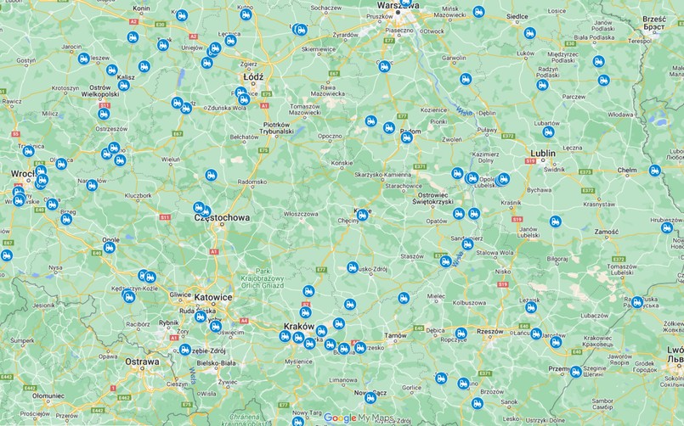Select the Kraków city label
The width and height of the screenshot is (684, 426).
[x=297, y=327]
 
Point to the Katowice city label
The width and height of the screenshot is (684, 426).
[x=213, y=297]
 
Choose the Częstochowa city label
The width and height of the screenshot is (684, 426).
[x=223, y=218]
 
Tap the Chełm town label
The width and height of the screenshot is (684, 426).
[x=627, y=171]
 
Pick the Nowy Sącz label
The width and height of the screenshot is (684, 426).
[x=370, y=394]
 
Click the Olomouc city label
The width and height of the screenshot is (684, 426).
[x=48, y=395]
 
